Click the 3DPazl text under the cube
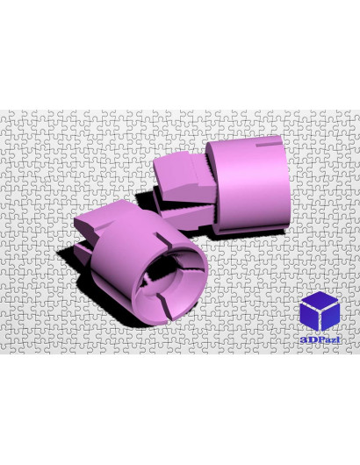click(x=320, y=340)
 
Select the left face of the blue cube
click(x=309, y=317)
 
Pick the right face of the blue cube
click(x=331, y=317)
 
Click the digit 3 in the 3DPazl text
click(x=303, y=340)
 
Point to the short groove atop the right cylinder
click(x=269, y=145)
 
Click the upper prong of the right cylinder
click(x=184, y=175)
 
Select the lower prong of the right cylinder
click(x=186, y=217)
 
